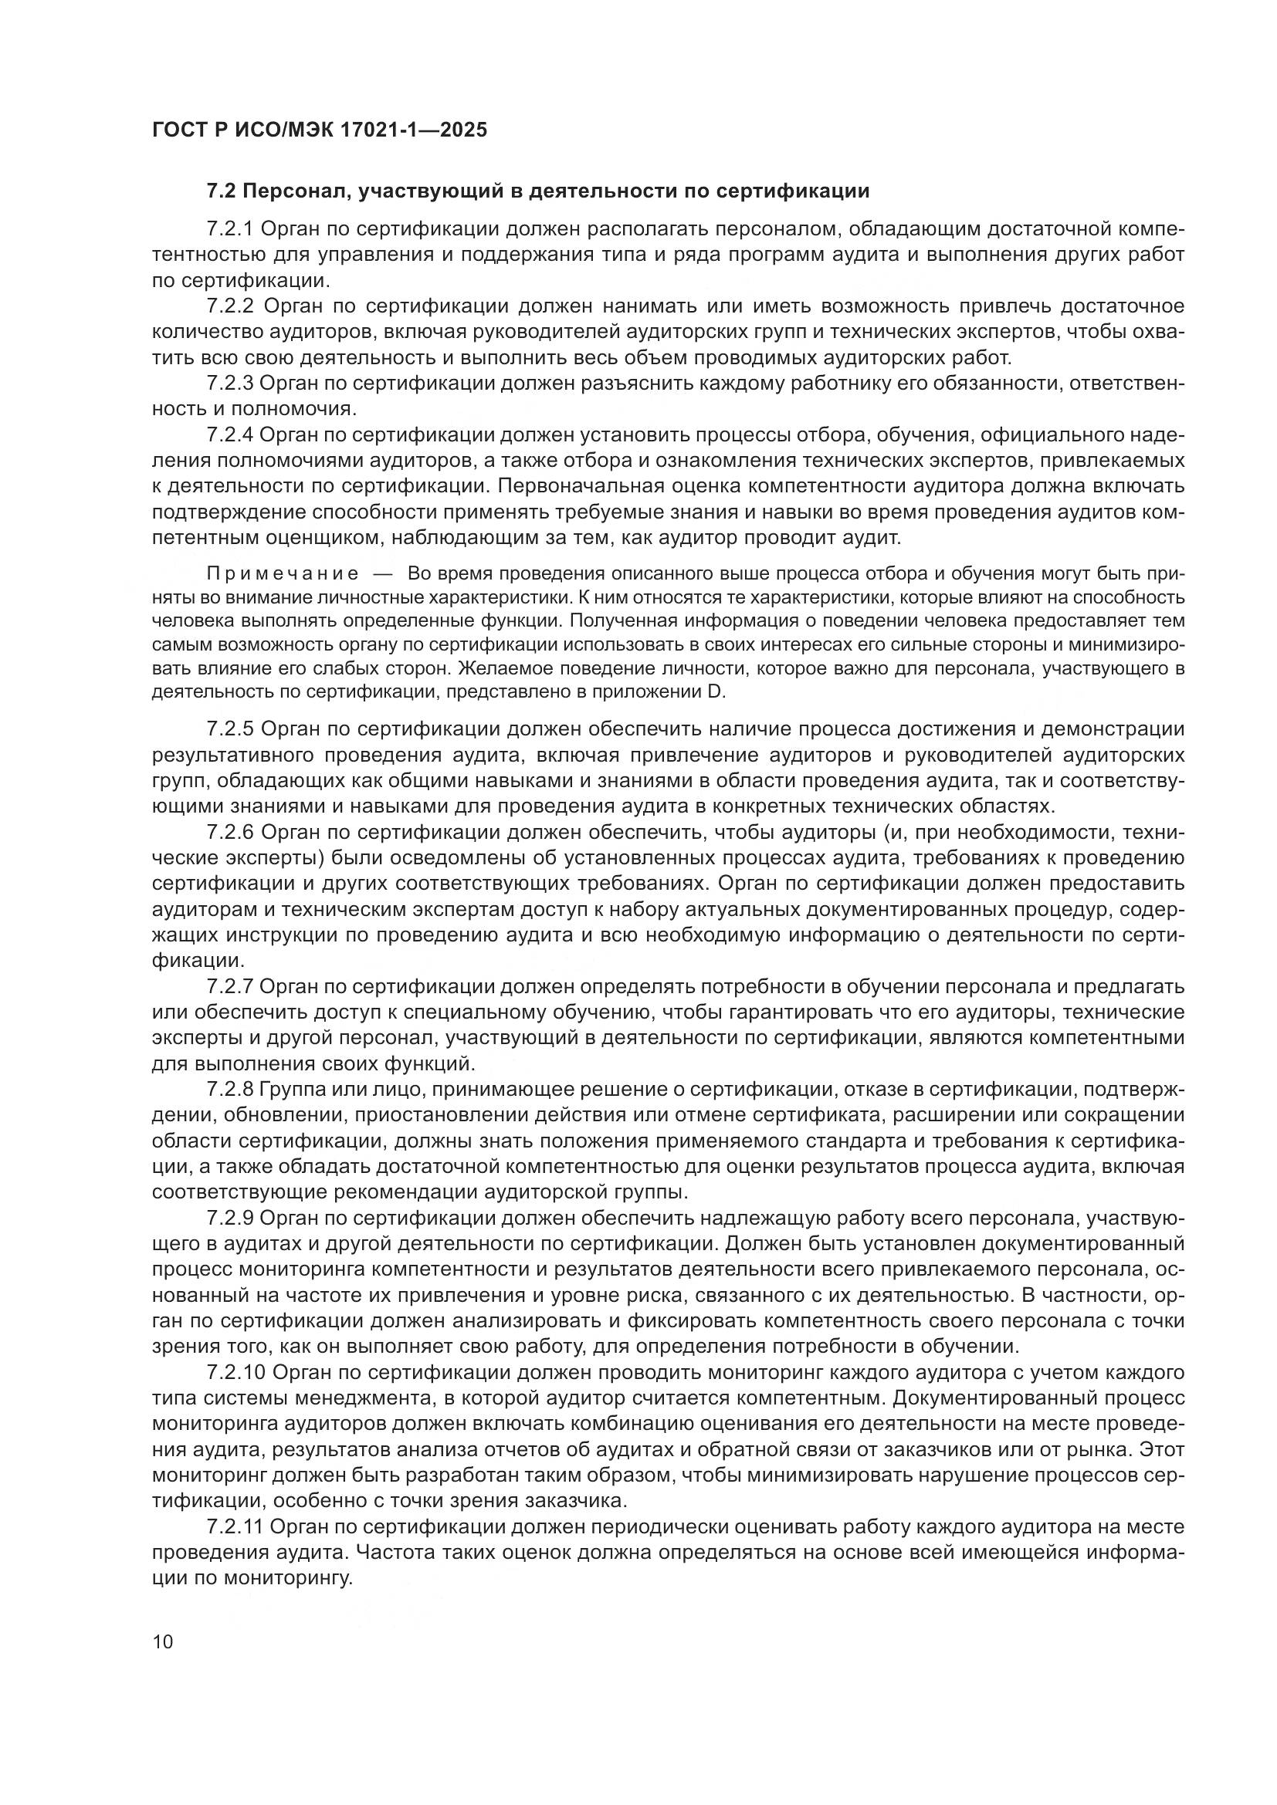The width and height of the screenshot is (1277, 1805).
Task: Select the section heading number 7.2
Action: (221, 191)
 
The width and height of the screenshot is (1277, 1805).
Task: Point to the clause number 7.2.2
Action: (229, 306)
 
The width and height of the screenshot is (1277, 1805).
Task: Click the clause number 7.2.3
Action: (229, 383)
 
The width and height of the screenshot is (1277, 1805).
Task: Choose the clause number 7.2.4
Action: (229, 434)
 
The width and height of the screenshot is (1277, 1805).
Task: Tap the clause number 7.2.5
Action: (229, 728)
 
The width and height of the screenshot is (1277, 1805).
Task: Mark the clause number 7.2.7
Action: (229, 987)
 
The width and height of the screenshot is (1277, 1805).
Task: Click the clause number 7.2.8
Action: (229, 1089)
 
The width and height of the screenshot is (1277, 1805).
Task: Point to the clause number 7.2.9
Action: (229, 1218)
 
